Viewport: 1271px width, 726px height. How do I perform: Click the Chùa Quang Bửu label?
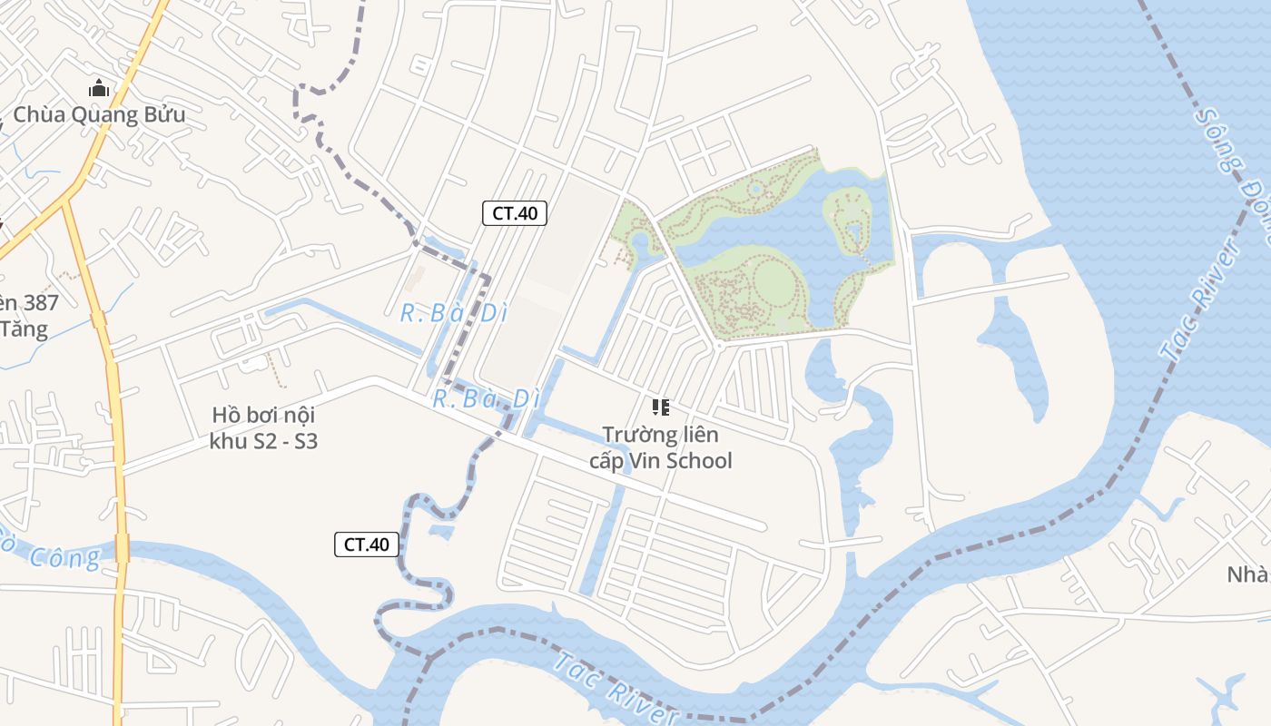(99, 115)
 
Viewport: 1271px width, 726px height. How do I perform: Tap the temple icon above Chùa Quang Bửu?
(99, 89)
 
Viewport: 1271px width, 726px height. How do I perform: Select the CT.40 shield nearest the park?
(514, 213)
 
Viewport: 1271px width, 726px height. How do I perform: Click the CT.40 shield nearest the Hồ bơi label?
(367, 544)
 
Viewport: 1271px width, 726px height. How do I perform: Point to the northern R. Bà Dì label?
(453, 314)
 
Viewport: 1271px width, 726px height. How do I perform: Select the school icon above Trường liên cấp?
(661, 407)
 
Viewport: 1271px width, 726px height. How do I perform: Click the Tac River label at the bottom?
(617, 687)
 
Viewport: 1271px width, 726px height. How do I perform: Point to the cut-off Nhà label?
(1248, 574)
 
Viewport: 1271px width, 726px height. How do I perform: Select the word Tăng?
(24, 329)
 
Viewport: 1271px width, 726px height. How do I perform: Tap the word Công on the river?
(64, 556)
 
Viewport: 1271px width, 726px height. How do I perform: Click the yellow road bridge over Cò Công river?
(122, 548)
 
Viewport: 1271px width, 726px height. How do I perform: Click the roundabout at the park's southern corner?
(717, 345)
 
